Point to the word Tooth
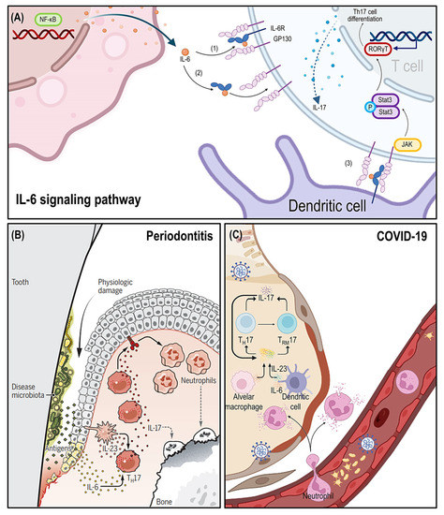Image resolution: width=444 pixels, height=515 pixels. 22,281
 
